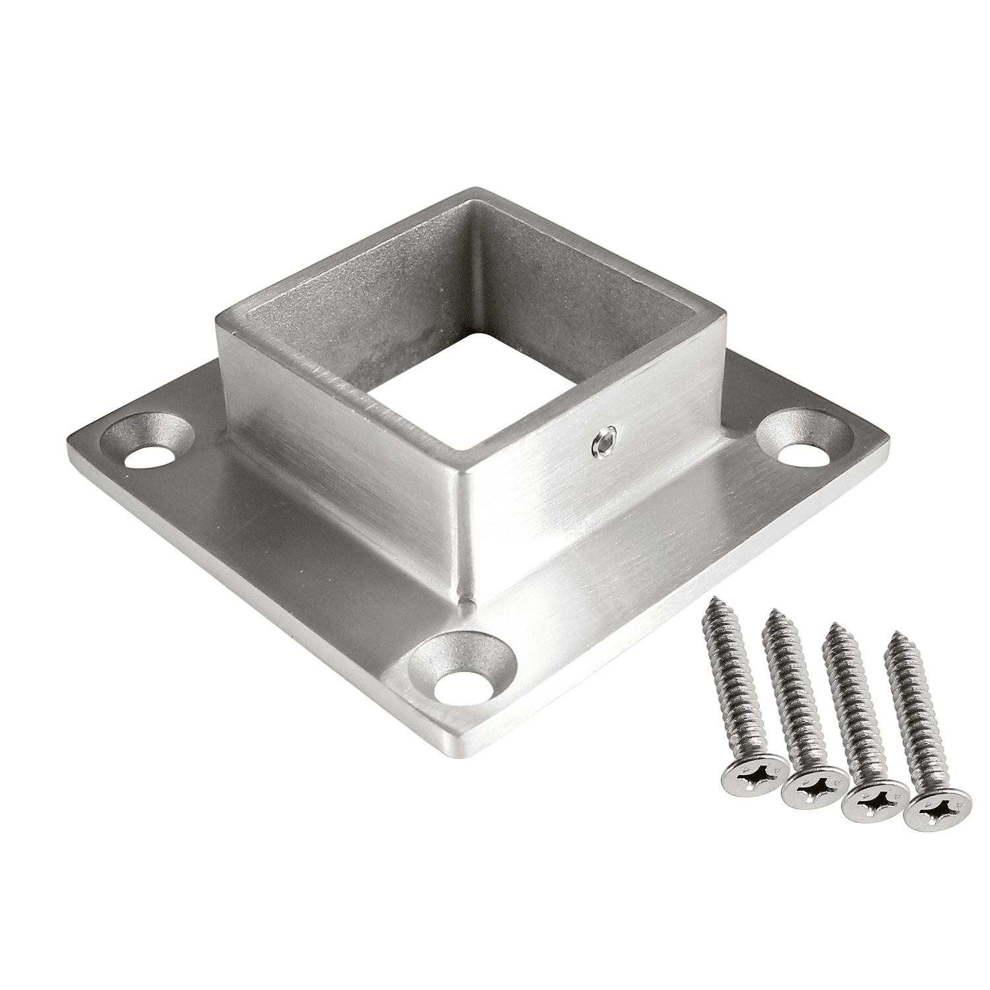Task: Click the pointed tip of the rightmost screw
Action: [896, 636]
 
